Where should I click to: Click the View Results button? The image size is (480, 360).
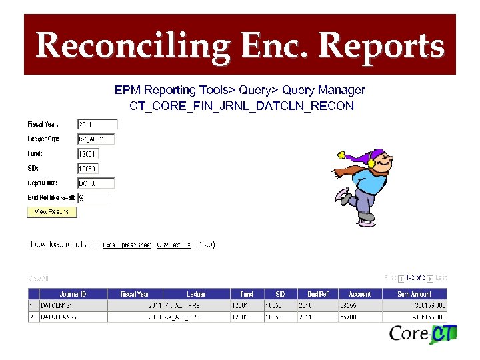tap(52, 212)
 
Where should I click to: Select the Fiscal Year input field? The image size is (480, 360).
tap(97, 125)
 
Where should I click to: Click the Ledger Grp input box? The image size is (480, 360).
tap(96, 139)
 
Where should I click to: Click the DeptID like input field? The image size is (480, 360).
tap(96, 183)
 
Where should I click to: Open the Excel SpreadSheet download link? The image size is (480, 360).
tap(127, 245)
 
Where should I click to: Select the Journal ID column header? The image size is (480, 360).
tap(73, 294)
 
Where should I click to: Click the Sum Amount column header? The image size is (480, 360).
tap(415, 294)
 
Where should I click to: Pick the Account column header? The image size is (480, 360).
tap(359, 294)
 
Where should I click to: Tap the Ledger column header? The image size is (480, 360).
tap(196, 294)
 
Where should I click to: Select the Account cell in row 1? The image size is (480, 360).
tap(359, 305)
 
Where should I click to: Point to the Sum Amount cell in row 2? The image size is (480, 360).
tap(415, 317)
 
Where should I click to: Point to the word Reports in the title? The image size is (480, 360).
tap(381, 45)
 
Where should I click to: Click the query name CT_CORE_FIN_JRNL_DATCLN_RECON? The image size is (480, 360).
tap(241, 106)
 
